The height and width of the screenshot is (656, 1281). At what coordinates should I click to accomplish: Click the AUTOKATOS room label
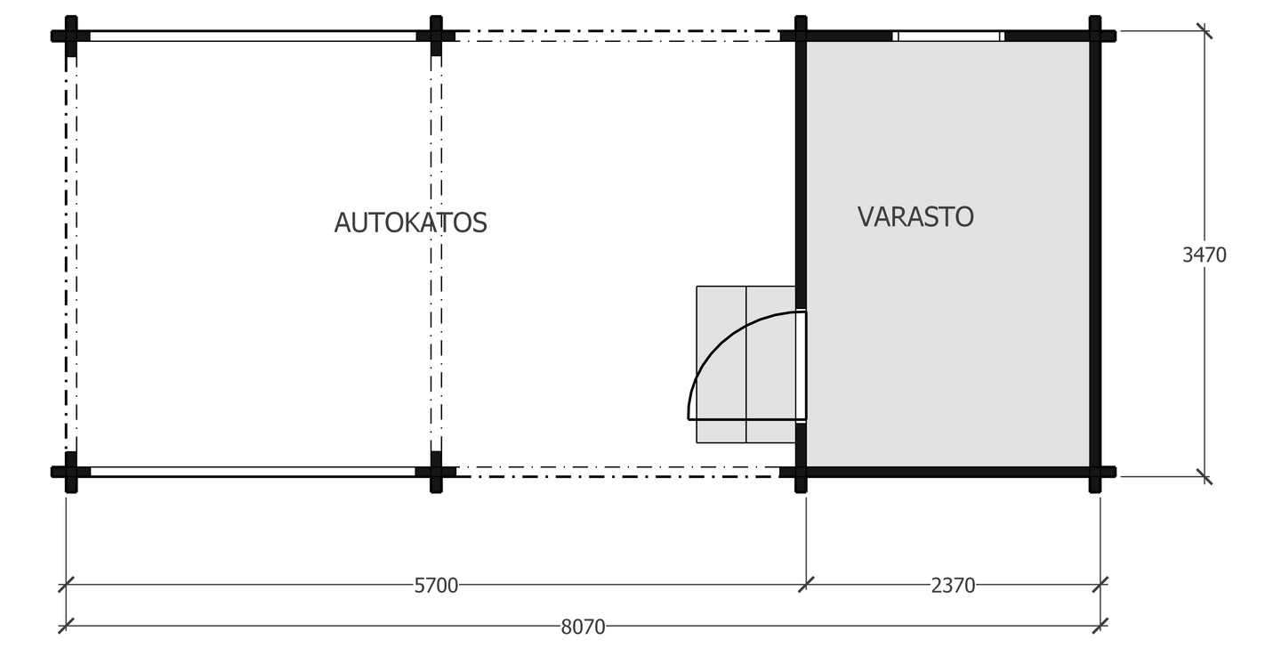(410, 223)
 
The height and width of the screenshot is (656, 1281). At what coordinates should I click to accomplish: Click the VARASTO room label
(915, 216)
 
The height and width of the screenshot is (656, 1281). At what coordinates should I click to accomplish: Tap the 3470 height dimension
(1204, 255)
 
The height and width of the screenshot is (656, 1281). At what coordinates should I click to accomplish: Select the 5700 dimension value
(436, 586)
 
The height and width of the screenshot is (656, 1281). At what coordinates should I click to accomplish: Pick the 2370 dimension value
(953, 586)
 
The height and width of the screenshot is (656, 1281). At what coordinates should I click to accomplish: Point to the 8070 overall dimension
(583, 627)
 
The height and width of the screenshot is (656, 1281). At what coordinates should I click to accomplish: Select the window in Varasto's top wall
(948, 36)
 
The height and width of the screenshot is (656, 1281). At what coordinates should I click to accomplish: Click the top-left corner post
(71, 36)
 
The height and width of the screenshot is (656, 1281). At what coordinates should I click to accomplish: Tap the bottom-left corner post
(71, 472)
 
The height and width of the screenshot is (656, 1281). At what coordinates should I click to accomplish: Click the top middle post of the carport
(436, 36)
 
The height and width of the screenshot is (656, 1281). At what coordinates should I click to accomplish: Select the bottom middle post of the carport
(436, 472)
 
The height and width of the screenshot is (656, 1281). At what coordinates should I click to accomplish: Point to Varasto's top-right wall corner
(1094, 36)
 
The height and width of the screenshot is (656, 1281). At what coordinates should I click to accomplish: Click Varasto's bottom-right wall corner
(1094, 472)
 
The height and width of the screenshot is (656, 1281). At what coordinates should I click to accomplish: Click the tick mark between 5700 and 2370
(806, 585)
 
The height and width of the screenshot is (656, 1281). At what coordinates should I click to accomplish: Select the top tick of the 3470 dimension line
(1204, 31)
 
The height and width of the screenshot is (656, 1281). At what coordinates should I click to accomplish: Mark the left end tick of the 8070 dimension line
(66, 626)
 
